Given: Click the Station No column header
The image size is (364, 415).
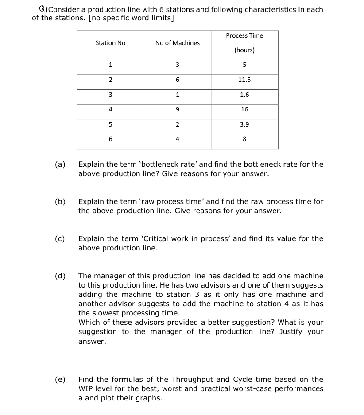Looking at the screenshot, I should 110,43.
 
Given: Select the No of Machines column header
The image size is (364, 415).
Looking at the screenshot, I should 177,43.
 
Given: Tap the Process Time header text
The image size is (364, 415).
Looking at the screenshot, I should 244,35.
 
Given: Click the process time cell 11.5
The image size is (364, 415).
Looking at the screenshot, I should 244,80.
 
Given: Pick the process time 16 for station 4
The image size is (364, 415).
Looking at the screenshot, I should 244,109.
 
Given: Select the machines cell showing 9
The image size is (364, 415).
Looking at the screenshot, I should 177,109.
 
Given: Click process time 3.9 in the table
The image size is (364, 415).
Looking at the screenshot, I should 244,124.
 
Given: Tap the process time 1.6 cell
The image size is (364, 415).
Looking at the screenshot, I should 244,95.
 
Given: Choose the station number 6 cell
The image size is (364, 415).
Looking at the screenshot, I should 110,139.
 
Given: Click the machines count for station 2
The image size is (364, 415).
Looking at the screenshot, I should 177,80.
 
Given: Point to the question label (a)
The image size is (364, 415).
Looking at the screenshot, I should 60,164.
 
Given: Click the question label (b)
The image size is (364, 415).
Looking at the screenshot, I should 60,201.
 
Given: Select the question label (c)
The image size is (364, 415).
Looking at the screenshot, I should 60,238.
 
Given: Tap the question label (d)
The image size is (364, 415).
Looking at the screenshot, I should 60,276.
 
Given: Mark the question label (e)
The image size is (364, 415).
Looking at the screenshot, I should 60,379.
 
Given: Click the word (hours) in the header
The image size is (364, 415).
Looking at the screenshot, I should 244,50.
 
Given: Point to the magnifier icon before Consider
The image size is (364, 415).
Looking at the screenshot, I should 42,9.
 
